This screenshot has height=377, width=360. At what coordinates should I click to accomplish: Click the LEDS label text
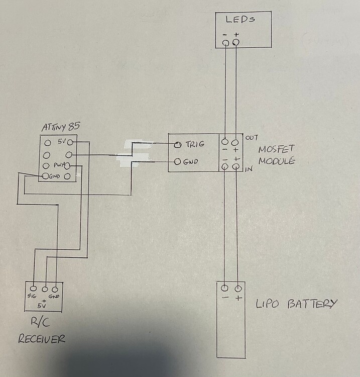(x=240, y=19)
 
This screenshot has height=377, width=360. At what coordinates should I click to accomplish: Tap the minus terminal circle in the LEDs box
(x=226, y=43)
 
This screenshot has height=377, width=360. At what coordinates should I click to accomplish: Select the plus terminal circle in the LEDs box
(x=236, y=43)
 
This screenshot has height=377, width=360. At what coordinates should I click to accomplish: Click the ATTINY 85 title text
(x=61, y=127)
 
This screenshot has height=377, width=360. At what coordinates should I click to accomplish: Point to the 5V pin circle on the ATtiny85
(x=70, y=143)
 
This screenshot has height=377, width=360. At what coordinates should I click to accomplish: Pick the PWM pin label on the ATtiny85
(x=59, y=165)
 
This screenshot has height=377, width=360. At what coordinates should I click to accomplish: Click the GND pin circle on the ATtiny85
(x=45, y=176)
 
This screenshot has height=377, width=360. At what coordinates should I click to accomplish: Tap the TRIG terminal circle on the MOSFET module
(x=177, y=144)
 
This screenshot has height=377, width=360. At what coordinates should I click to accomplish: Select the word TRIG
(x=195, y=144)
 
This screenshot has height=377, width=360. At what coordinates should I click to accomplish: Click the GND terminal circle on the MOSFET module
(x=177, y=161)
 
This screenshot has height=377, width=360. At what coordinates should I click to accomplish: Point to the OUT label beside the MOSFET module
(x=252, y=138)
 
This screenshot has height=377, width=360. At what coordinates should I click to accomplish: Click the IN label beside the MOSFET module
(x=249, y=169)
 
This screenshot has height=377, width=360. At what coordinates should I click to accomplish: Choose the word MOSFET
(x=276, y=149)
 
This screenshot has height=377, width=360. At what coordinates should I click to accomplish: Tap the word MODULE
(x=277, y=161)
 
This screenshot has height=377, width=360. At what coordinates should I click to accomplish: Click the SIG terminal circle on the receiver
(x=33, y=289)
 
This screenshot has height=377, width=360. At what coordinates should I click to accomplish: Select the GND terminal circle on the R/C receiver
(x=55, y=289)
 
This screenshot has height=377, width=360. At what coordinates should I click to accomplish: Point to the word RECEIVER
(x=42, y=339)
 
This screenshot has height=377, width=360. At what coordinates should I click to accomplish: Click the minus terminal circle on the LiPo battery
(x=224, y=288)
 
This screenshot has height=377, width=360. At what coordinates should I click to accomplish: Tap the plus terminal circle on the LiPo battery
(x=238, y=289)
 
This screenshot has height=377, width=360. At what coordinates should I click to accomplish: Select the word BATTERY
(x=312, y=304)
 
